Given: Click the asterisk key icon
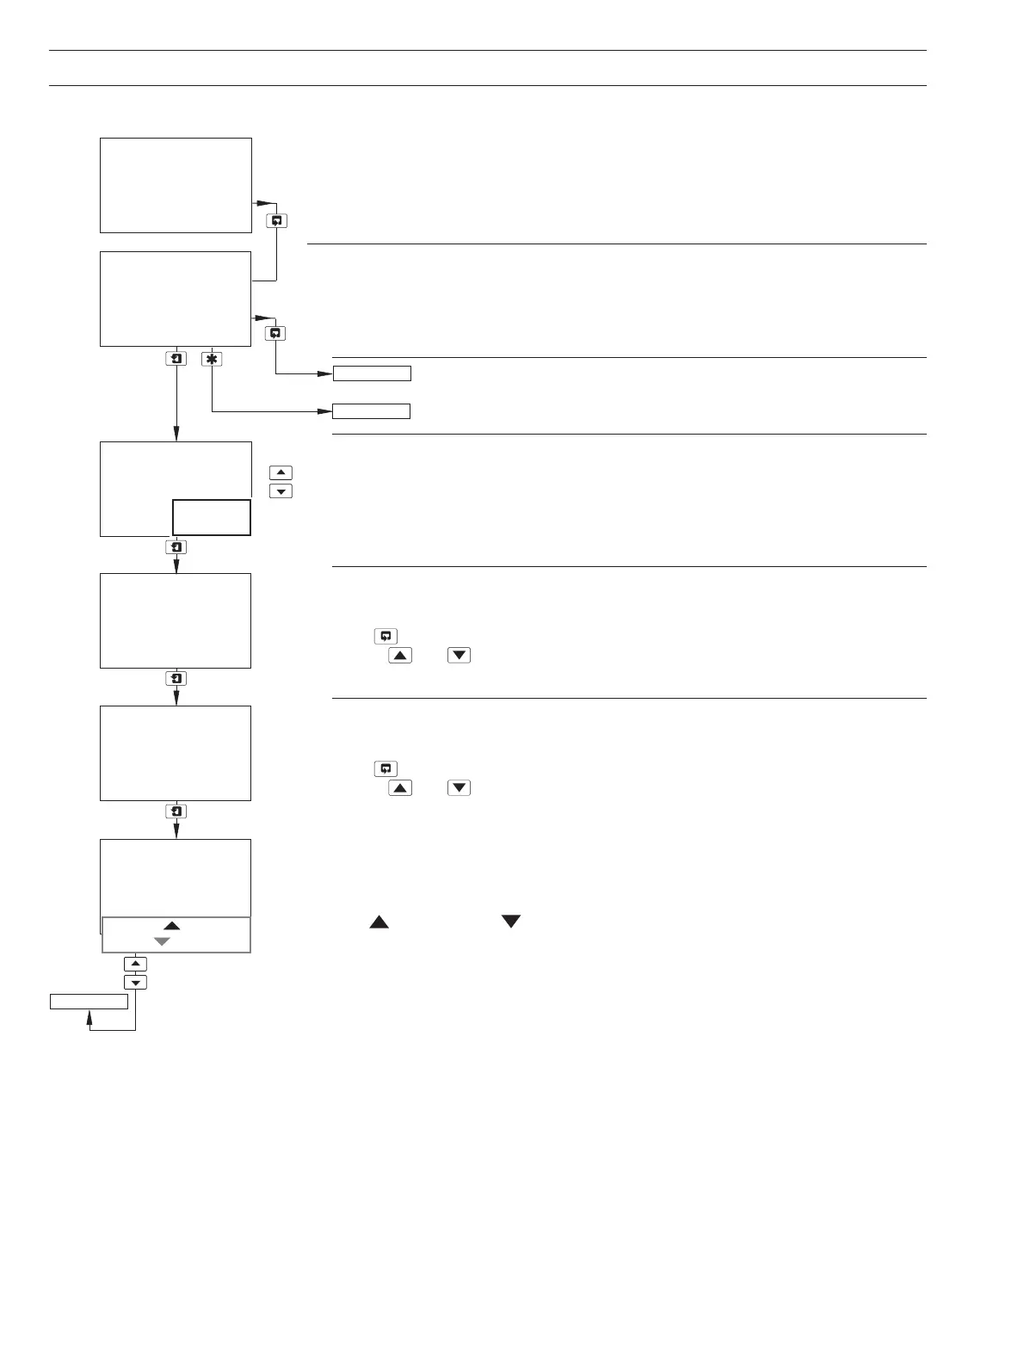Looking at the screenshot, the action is click(x=212, y=359).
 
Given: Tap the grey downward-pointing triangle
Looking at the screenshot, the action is click(x=162, y=941).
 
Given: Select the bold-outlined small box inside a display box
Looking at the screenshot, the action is click(x=211, y=518).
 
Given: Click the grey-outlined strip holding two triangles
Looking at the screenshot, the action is click(x=176, y=934).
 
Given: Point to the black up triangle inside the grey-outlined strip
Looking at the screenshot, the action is click(x=171, y=925).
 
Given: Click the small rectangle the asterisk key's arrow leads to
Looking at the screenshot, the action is click(x=371, y=410).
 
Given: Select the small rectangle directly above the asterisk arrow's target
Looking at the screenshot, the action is click(x=372, y=373).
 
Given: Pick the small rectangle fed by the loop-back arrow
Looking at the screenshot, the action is click(x=89, y=1001).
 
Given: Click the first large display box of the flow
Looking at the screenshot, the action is click(x=176, y=185).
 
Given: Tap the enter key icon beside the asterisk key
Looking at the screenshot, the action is click(x=176, y=359).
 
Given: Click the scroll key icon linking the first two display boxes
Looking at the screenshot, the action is click(x=276, y=221).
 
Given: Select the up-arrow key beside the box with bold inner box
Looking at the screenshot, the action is click(x=281, y=472).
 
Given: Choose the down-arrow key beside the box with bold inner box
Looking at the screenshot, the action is click(x=281, y=491).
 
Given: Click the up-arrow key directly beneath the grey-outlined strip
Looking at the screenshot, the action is click(x=135, y=964).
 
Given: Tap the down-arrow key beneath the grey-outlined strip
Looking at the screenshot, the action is click(x=135, y=982).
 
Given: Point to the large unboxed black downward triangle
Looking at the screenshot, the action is click(x=511, y=922).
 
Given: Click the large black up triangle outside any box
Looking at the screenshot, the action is click(x=379, y=922).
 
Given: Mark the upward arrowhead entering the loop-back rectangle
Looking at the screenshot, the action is click(x=90, y=1016).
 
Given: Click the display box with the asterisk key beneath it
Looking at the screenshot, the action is click(x=176, y=299).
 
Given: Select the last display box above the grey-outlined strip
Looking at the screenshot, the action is click(x=176, y=879).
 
